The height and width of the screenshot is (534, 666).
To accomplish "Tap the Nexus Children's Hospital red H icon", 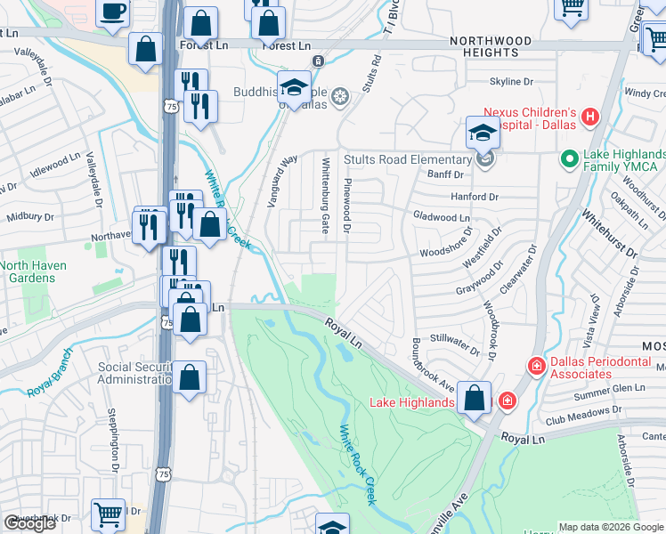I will pos(589,117).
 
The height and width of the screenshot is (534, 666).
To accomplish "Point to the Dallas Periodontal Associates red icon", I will pos(536,366).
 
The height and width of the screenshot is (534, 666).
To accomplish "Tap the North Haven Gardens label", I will pos(39,271).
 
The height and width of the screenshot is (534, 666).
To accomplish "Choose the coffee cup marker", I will pos(113,12).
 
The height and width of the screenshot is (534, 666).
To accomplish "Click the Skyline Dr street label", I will pos(510,81).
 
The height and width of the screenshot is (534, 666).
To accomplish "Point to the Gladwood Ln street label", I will pos(441,217).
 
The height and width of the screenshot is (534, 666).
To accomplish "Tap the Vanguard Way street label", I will pos(282,182).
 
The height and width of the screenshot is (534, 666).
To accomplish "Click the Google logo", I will pos(29,523).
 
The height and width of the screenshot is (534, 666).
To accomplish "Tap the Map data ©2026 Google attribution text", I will pos(611,527).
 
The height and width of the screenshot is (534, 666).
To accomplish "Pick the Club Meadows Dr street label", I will pos(585,412).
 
